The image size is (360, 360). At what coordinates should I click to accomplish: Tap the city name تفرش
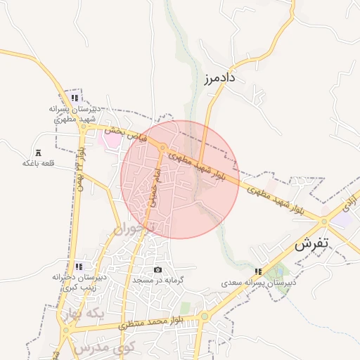(x=311, y=245)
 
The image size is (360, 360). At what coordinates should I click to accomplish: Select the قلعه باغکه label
(x=38, y=163)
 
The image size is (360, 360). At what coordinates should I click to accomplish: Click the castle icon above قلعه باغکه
(x=38, y=153)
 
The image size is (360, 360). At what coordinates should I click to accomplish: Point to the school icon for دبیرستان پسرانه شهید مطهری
(x=75, y=98)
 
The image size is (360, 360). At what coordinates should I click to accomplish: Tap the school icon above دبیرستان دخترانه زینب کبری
(x=79, y=266)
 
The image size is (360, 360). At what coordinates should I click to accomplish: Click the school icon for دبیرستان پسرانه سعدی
(x=259, y=271)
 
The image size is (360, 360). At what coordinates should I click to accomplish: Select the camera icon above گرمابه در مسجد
(x=157, y=270)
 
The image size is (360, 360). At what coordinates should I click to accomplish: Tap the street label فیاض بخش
(x=126, y=134)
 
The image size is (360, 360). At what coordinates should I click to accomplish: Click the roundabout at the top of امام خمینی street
(x=163, y=148)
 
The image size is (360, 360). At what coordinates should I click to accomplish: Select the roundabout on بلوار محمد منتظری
(x=205, y=316)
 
